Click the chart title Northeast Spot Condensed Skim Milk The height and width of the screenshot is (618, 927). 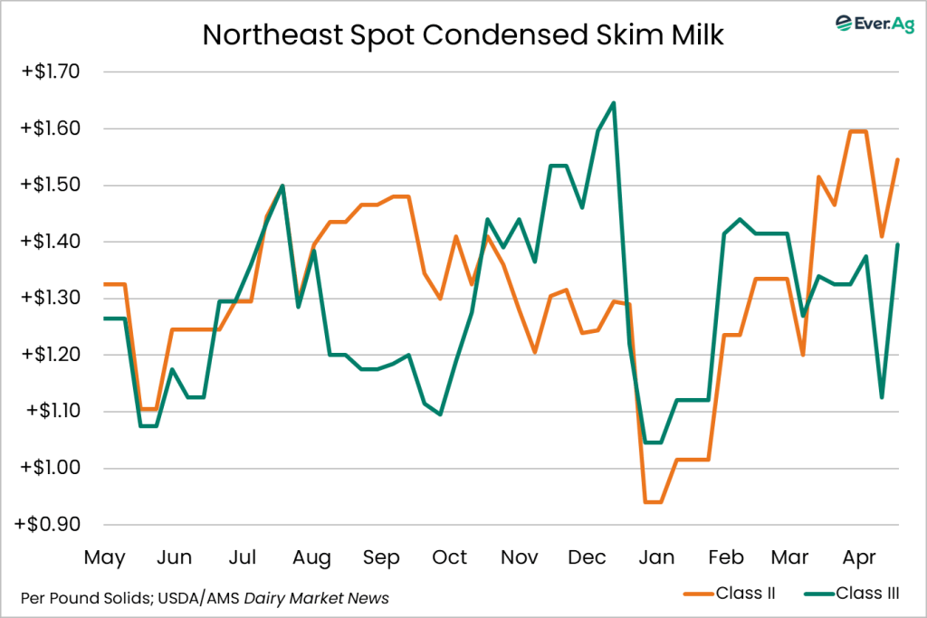[463, 33]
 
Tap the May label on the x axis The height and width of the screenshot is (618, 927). [105, 557]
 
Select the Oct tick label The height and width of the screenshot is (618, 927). [449, 557]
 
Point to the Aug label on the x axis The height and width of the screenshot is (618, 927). [311, 557]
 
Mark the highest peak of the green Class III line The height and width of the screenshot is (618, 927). [614, 103]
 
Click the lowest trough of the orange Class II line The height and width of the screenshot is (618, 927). [653, 501]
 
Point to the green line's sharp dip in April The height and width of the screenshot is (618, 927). [881, 397]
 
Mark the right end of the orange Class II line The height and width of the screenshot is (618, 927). [897, 159]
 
